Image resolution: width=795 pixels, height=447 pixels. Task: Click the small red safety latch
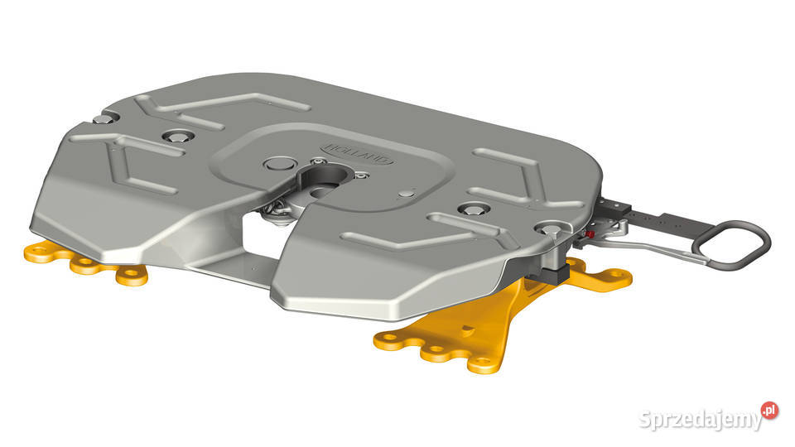click(589, 235)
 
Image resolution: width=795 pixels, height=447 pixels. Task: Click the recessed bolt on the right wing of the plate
click(473, 209)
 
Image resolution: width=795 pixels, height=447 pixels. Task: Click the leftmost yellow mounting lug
click(37, 250)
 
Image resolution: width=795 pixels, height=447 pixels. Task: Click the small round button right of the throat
click(405, 193)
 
